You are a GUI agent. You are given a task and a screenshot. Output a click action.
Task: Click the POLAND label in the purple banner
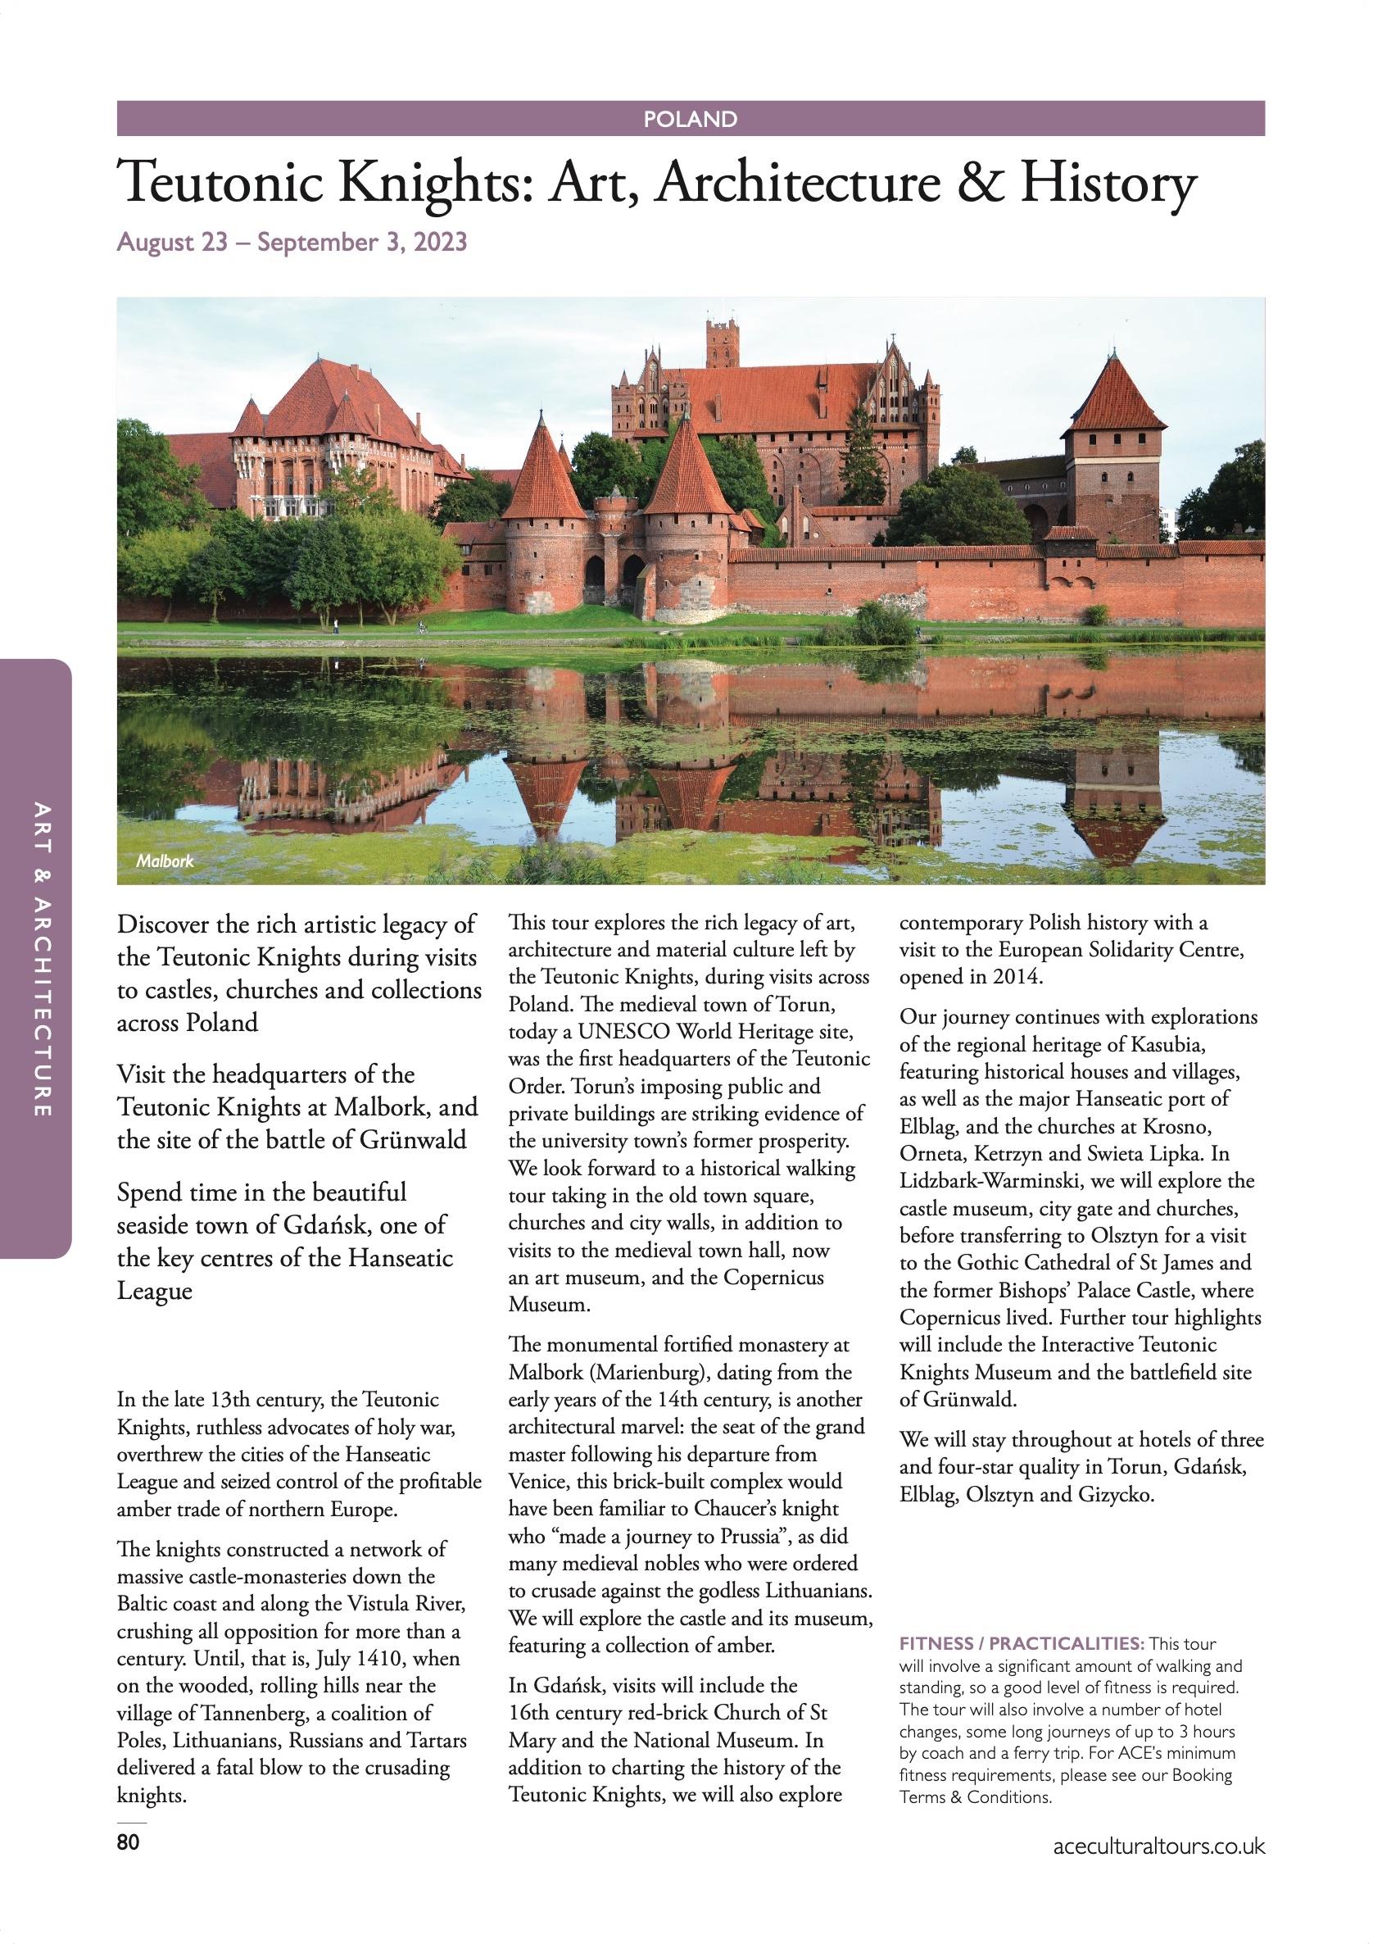(x=690, y=119)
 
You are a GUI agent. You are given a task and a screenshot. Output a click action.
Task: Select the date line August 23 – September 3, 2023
(x=292, y=243)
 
